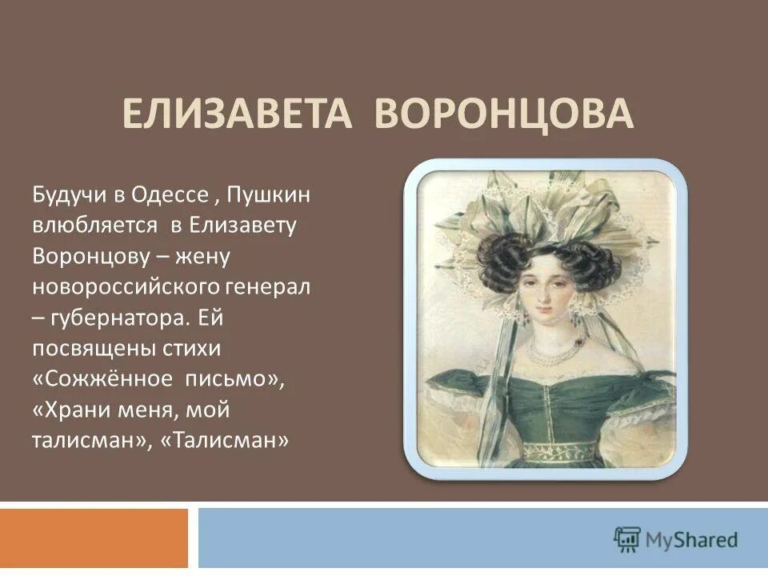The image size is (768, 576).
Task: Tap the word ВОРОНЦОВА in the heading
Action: (x=505, y=115)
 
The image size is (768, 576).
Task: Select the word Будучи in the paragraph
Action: (x=66, y=194)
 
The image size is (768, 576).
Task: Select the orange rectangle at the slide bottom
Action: (x=94, y=538)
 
